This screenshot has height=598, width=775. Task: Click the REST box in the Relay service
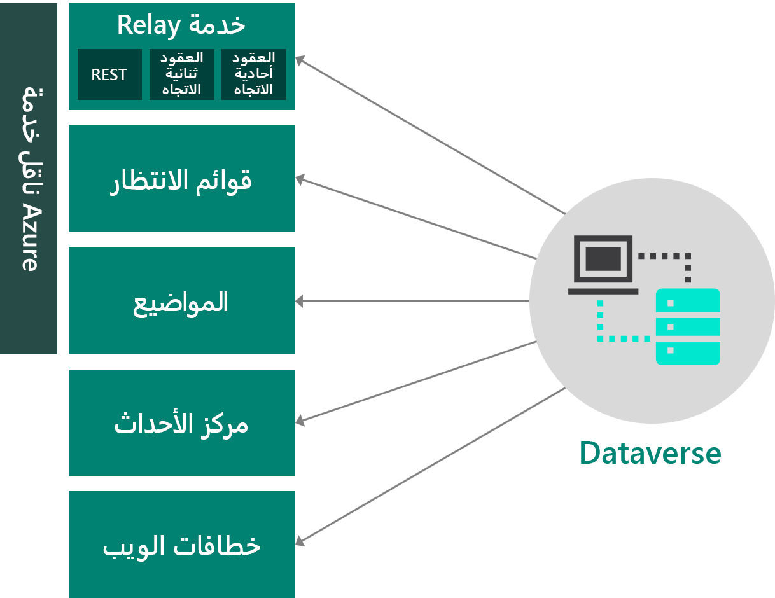pos(109,74)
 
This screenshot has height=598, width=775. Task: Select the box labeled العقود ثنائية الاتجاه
pos(182,74)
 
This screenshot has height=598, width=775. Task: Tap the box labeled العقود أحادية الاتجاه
pos(254,74)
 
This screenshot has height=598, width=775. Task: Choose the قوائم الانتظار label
pos(181,180)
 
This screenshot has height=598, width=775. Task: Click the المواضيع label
pos(181,302)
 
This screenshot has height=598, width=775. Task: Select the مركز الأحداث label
pos(181,424)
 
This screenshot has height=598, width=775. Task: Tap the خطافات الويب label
pos(182,546)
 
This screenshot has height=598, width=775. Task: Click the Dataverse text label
pos(650,454)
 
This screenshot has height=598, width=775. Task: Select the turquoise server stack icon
pos(688,326)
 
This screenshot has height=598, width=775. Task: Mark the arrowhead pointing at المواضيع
pos(300,302)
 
